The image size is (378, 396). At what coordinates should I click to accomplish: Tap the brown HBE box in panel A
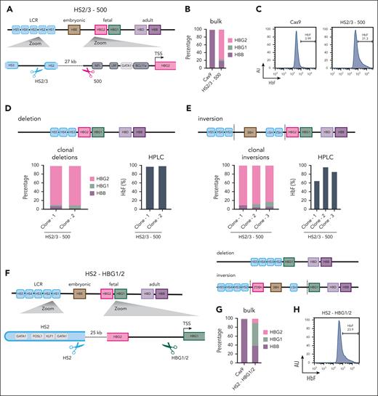pos(73,29)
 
